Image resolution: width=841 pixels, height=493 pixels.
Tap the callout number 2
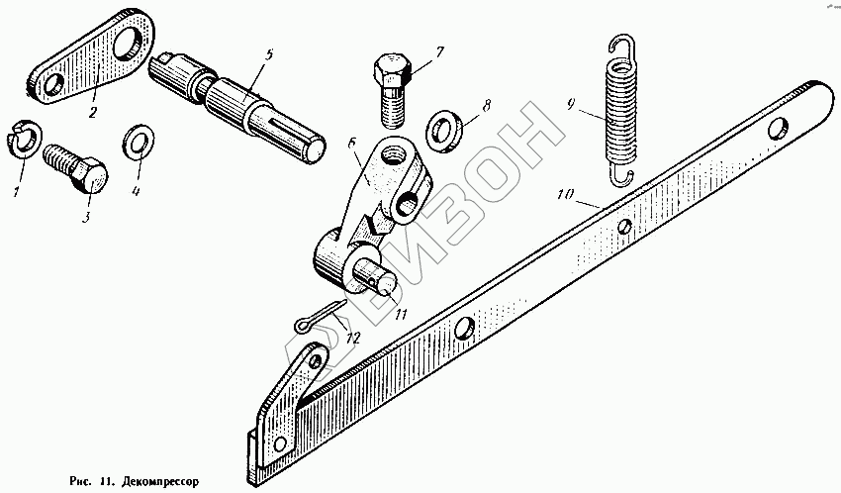click(x=93, y=111)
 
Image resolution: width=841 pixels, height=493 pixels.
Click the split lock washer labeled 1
click(x=24, y=138)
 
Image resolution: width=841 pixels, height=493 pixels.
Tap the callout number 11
click(x=399, y=315)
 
